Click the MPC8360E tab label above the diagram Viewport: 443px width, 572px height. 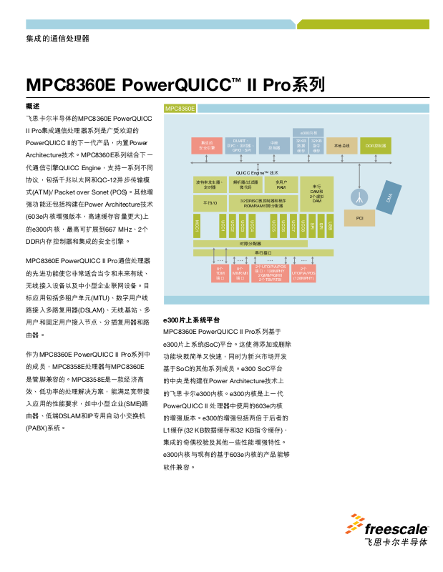(x=180, y=109)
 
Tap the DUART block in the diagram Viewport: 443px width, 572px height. (x=239, y=145)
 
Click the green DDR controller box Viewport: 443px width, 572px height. (x=376, y=146)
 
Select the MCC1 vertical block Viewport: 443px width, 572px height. (x=197, y=226)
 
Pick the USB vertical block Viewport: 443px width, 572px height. (x=330, y=226)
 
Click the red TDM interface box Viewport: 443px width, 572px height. (x=220, y=274)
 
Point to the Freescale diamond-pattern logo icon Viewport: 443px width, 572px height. (x=357, y=525)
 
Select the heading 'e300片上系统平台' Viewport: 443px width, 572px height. (x=192, y=320)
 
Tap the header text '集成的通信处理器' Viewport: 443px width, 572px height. (x=58, y=39)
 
